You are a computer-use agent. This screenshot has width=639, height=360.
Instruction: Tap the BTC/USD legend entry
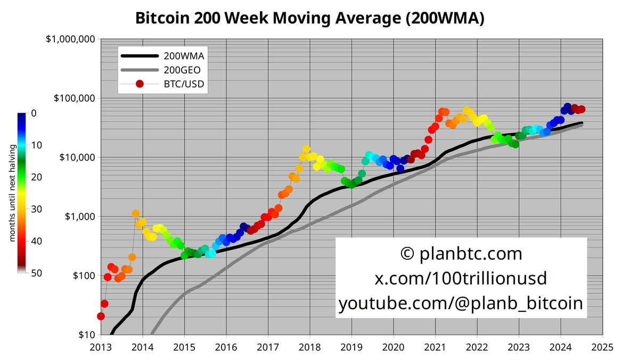click(x=183, y=84)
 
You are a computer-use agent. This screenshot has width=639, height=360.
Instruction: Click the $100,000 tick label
click(x=73, y=99)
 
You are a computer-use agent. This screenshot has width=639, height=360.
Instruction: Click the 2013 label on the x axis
click(x=100, y=347)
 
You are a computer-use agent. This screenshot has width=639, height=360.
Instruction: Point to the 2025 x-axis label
click(x=602, y=347)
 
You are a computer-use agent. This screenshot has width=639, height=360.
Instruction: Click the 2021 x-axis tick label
click(x=435, y=347)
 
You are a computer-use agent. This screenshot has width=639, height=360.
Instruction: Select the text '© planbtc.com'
click(x=461, y=254)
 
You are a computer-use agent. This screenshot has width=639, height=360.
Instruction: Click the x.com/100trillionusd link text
click(x=461, y=278)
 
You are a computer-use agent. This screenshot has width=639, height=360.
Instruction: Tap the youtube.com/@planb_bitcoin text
click(x=461, y=303)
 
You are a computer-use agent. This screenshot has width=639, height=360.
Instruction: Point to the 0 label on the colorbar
click(x=32, y=113)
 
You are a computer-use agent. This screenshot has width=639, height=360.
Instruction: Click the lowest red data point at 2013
click(x=101, y=316)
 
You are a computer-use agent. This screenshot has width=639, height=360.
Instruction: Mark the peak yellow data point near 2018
click(x=306, y=149)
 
